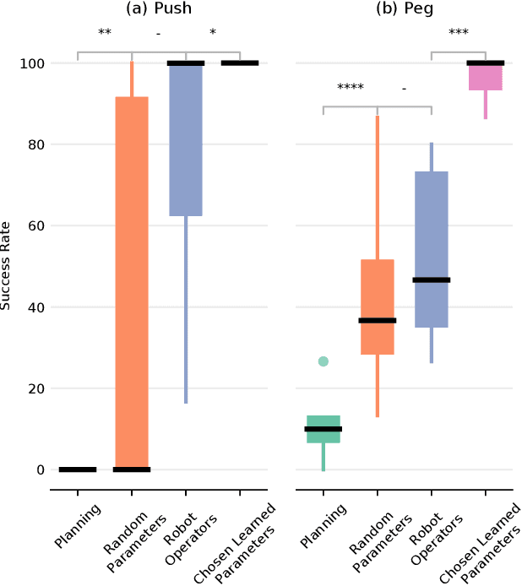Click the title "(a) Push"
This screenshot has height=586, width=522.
pos(158,9)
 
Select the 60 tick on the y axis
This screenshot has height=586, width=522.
pos(37,226)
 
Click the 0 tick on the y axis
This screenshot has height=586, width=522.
pos(41,470)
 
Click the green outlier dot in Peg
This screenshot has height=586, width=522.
pos(323,361)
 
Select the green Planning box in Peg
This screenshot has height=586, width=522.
pos(323,429)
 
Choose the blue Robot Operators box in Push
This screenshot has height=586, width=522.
pos(186,139)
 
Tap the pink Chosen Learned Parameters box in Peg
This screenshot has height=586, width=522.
pos(485,77)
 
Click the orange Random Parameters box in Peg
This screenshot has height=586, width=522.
pos(377,307)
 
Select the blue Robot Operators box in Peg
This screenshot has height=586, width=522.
pos(431,249)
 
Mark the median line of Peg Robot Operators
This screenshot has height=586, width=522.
pos(431,279)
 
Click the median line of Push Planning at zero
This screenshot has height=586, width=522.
pos(78,469)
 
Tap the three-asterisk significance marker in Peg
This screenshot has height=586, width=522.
pos(458,34)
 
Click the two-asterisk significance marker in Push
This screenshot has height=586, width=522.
pos(105,34)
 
